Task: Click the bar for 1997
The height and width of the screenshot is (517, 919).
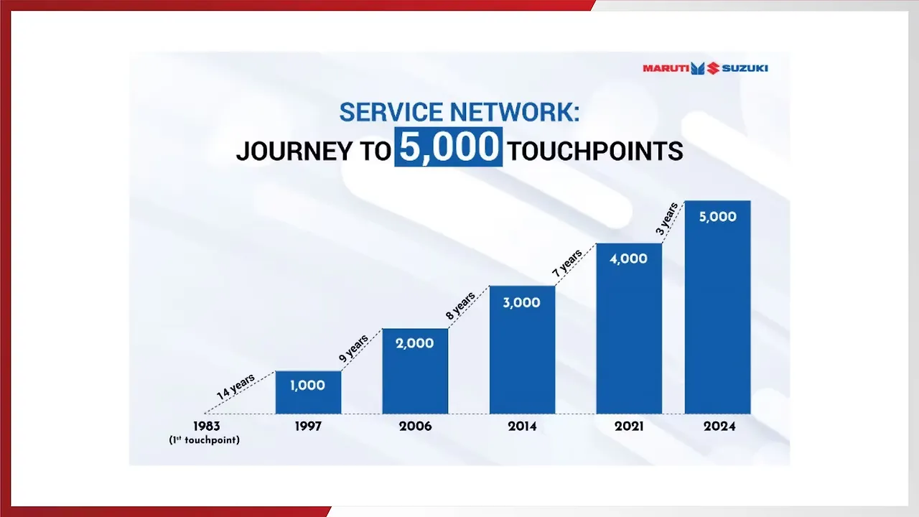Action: [x=308, y=393]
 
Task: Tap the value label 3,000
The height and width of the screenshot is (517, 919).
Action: [x=521, y=302]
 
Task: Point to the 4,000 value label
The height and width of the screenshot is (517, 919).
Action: [x=628, y=258]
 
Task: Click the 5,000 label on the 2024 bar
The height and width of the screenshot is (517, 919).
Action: [x=717, y=217]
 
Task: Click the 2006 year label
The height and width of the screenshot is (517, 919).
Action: [x=415, y=426]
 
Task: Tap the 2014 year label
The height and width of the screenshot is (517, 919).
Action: [x=522, y=426]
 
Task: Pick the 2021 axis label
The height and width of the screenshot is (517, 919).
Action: [x=628, y=426]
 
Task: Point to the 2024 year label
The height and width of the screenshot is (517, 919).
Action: [x=718, y=426]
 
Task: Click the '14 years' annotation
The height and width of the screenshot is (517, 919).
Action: [x=235, y=388]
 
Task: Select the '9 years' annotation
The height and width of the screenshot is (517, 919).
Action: [x=353, y=348]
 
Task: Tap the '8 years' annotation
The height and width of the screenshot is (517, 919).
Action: [x=460, y=306]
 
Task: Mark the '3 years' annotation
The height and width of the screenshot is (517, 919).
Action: [x=668, y=218]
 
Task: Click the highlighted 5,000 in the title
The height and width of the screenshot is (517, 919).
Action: [x=449, y=147]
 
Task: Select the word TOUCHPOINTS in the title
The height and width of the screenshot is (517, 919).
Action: [x=595, y=151]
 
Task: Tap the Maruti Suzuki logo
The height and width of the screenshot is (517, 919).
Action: [x=705, y=68]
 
